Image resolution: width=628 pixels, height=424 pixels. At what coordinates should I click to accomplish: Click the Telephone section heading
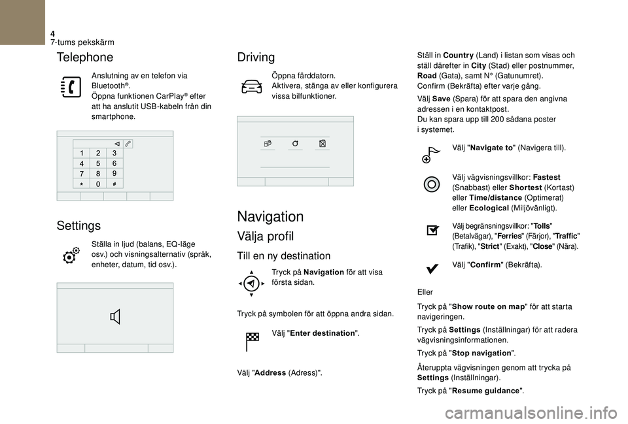[85, 57]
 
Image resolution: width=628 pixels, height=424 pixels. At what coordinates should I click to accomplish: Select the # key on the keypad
[114, 184]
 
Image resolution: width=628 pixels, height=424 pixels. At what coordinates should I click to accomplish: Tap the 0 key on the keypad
[97, 184]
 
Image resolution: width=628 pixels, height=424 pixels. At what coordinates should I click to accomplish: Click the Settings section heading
[78, 226]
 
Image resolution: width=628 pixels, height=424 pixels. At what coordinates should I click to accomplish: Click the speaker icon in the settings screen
[115, 318]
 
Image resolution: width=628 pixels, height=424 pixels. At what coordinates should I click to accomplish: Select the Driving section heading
[256, 57]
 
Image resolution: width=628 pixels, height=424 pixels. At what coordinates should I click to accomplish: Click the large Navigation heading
[270, 216]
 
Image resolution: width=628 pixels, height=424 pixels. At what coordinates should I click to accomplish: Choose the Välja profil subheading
[266, 236]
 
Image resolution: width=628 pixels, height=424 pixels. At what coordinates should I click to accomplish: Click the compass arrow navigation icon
[251, 283]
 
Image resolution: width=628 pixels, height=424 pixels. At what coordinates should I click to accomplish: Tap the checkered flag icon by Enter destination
[252, 339]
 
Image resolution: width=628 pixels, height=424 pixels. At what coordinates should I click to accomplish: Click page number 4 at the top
[53, 33]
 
